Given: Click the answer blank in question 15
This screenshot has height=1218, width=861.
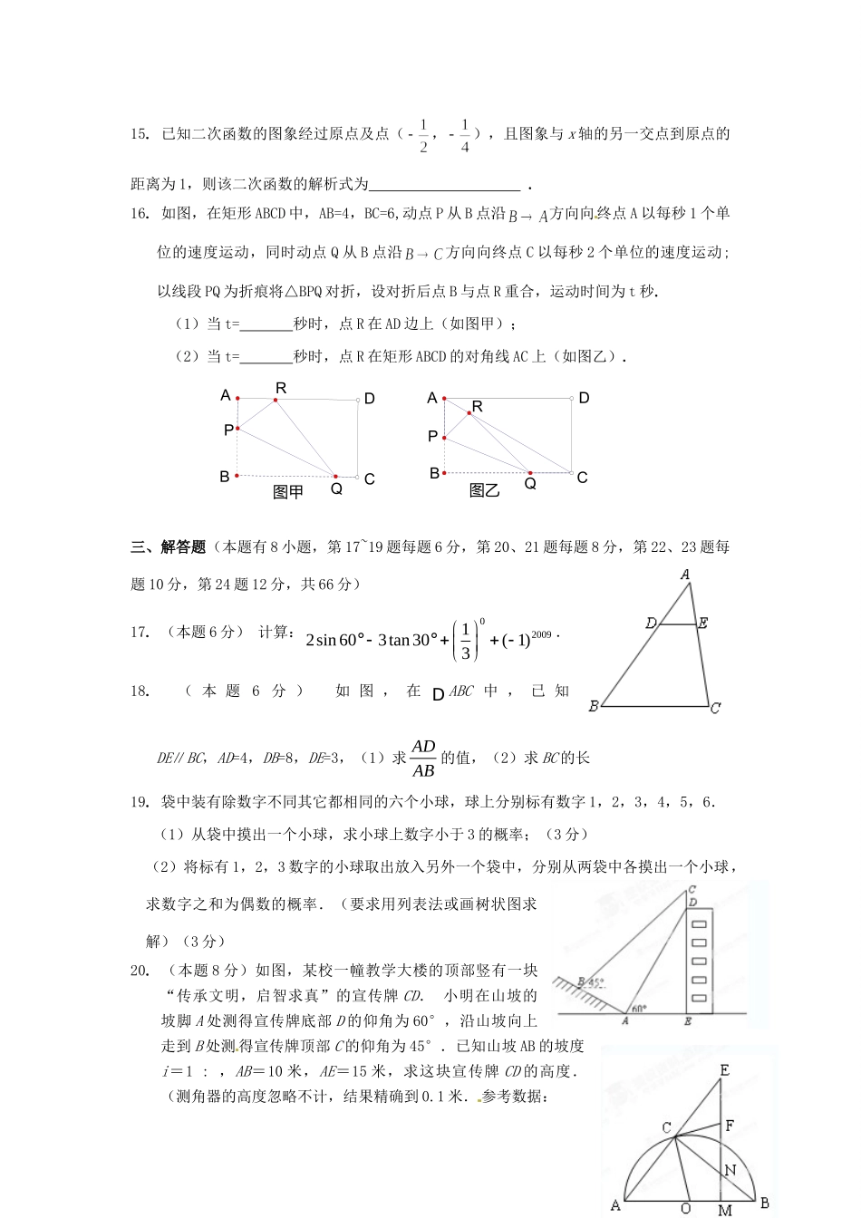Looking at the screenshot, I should (445, 184).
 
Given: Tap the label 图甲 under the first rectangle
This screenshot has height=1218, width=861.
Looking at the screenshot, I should (288, 492).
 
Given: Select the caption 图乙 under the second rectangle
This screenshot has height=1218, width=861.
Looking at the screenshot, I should (485, 490).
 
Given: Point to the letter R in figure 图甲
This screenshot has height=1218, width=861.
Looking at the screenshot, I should (281, 388).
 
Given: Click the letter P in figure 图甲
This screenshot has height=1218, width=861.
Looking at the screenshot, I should (227, 430).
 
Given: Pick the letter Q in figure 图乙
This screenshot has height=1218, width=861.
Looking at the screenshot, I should (530, 484).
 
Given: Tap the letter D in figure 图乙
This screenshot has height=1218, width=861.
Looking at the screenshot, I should (584, 398).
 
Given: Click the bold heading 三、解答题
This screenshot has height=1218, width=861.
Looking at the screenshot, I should (169, 546).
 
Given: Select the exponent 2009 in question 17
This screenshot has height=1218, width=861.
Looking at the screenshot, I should (541, 634).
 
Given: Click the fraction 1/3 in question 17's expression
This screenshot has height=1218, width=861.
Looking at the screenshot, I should (466, 641).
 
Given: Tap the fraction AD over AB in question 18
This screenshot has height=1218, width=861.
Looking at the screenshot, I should (423, 759).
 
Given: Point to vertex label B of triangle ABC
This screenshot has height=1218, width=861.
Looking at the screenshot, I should (594, 706).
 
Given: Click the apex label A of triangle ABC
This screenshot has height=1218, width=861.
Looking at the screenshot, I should (685, 575).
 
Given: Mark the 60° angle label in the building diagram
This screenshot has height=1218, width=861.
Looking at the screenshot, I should (639, 1009).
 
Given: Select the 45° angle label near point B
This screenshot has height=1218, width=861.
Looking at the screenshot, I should (594, 981).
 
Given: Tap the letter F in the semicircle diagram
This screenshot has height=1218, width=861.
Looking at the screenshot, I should (729, 1126).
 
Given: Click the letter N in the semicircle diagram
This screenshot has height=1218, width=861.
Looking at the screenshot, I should (730, 1170).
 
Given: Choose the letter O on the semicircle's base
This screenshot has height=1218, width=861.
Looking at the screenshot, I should (685, 1208).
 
